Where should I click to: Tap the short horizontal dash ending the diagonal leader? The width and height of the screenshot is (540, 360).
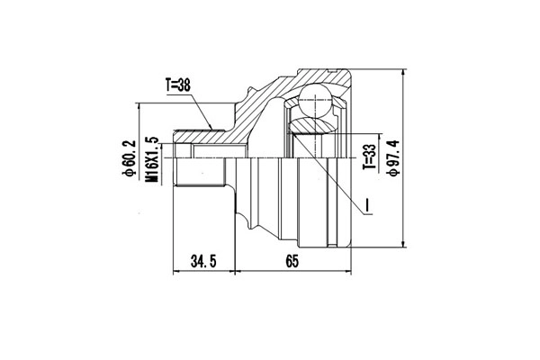[x=369, y=216]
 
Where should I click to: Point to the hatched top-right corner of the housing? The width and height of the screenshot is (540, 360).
[x=346, y=76]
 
